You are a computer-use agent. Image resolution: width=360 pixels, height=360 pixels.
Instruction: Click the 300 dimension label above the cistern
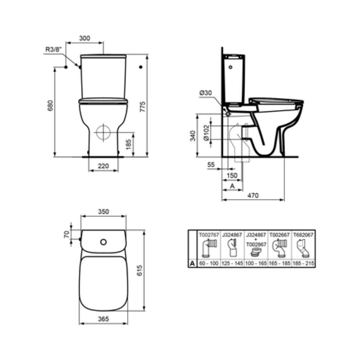pyautogui.click(x=85, y=38)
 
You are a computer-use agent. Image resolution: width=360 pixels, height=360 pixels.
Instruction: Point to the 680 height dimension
pyautogui.click(x=51, y=105)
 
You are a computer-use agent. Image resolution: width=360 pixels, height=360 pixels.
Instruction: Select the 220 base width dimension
pyautogui.click(x=103, y=167)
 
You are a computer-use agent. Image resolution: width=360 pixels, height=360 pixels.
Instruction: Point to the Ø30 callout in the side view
pyautogui.click(x=206, y=93)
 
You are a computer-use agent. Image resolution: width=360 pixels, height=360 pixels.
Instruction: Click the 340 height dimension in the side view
pyautogui.click(x=193, y=135)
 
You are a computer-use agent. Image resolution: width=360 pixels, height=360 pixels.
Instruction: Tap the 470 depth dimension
pyautogui.click(x=253, y=196)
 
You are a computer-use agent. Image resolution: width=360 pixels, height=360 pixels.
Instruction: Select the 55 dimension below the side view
pyautogui.click(x=211, y=165)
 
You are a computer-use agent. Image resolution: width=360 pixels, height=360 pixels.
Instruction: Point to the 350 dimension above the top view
pyautogui.click(x=103, y=212)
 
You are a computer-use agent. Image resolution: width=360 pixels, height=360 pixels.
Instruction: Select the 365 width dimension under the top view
pyautogui.click(x=103, y=319)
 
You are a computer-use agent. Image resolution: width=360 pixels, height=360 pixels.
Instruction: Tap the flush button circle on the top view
pyautogui.click(x=104, y=242)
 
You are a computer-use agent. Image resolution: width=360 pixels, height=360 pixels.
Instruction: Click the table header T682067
pyautogui.click(x=303, y=235)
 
